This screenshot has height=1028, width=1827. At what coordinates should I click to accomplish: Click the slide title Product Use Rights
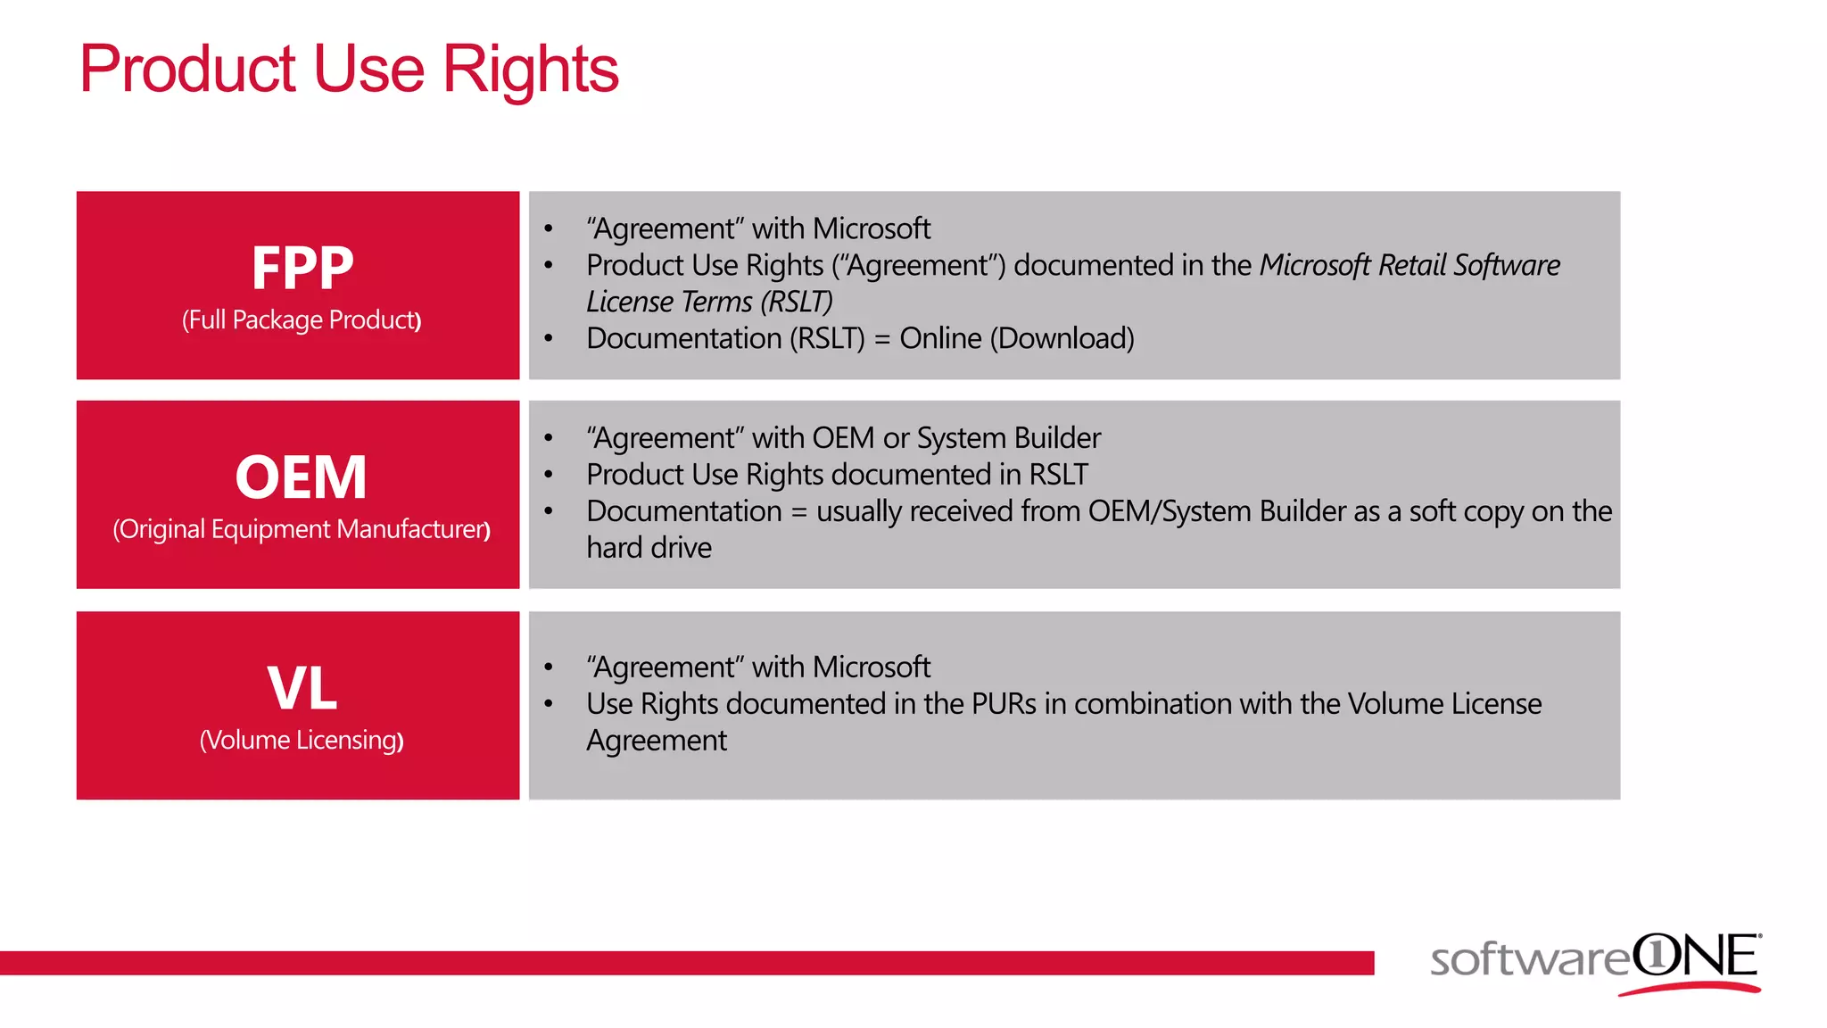point(348,70)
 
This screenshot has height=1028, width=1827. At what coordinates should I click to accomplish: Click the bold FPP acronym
point(302,268)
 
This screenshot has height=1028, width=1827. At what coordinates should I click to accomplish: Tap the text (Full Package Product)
point(302,319)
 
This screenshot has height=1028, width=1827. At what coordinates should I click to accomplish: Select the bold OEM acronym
point(302,477)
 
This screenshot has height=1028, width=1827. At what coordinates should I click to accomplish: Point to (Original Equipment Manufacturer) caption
point(302,529)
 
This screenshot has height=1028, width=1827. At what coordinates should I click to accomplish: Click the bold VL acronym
point(302,688)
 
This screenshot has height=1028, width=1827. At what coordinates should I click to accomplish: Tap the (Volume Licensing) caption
point(302,740)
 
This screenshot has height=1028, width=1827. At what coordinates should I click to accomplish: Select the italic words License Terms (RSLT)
point(709,302)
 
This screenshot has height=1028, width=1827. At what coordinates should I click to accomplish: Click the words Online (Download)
point(1017,338)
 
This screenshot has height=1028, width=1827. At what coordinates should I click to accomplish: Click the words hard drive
point(649,547)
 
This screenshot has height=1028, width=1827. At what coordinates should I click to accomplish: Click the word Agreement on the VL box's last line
point(656,741)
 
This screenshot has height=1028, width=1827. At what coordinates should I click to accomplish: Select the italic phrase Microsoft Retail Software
point(1410,265)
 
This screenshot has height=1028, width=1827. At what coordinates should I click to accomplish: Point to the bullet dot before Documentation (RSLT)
point(549,339)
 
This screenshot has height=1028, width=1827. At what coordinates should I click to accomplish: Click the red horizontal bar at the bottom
point(687,963)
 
